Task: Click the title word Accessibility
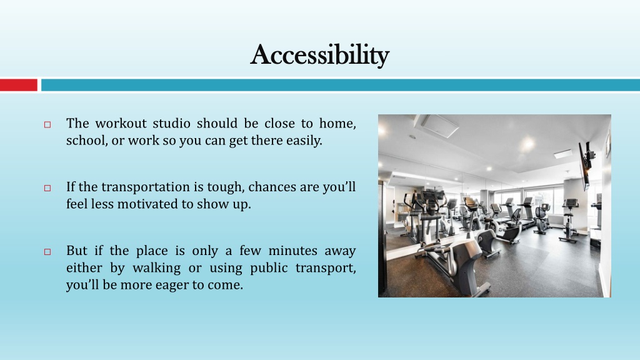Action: click(319, 55)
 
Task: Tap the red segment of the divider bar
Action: click(19, 85)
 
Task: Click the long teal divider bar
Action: click(341, 85)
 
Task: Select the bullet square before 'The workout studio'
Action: click(47, 124)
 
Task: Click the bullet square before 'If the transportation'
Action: click(47, 188)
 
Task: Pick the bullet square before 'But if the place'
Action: click(47, 252)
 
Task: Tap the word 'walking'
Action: click(156, 268)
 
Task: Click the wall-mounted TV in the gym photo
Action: click(584, 165)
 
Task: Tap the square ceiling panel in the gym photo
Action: click(439, 125)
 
